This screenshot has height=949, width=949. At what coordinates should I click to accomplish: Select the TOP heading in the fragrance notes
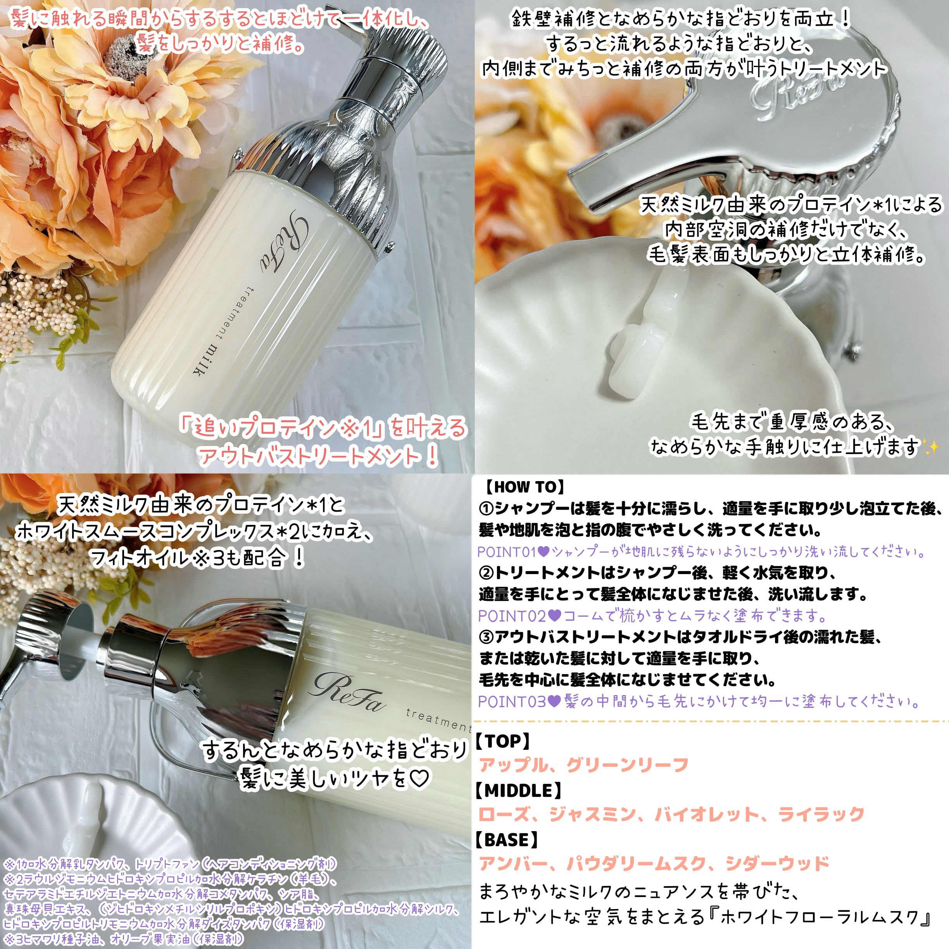point(502,741)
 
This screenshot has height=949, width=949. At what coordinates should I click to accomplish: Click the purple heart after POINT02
point(555,616)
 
